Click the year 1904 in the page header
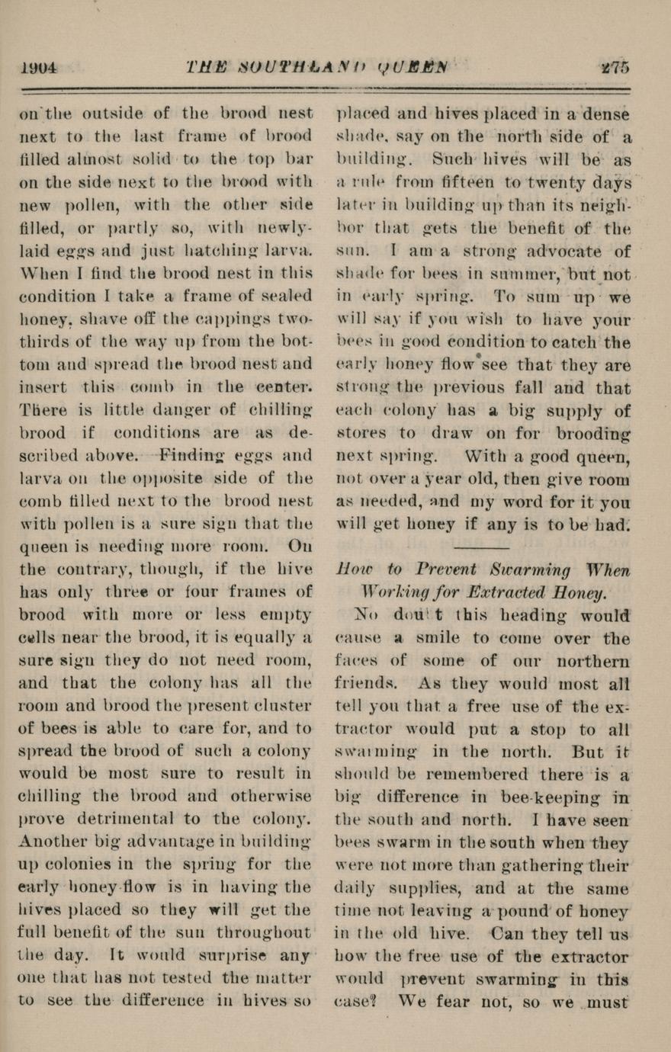click(37, 67)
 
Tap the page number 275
click(615, 67)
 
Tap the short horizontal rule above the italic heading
click(481, 547)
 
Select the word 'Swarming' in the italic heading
click(526, 569)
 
